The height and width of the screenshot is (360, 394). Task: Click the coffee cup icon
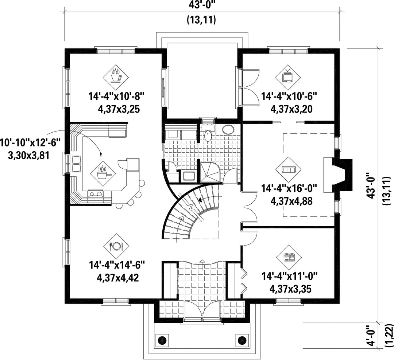click(116, 76)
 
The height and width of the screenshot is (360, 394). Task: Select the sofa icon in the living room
click(288, 170)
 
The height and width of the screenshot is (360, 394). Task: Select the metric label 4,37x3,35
click(290, 289)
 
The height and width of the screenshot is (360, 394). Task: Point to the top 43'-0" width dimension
click(201, 5)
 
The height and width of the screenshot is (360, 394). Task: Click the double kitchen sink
click(76, 164)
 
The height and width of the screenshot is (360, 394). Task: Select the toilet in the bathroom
click(208, 135)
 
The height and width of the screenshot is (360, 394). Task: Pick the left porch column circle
click(162, 340)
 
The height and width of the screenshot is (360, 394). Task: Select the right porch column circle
click(241, 340)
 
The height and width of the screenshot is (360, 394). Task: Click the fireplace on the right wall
click(338, 175)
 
